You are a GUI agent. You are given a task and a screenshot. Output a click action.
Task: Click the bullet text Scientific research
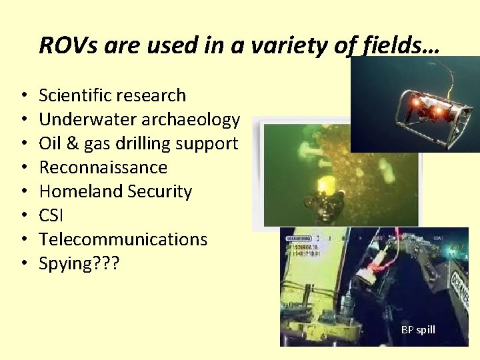pyautogui.click(x=112, y=95)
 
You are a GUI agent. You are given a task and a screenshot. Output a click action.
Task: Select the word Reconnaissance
pyautogui.click(x=103, y=167)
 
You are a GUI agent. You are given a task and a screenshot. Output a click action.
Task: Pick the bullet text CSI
pyautogui.click(x=51, y=215)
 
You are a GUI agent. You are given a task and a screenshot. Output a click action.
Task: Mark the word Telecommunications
pyautogui.click(x=123, y=239)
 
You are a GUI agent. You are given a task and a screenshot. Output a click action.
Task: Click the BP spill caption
pyautogui.click(x=418, y=330)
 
